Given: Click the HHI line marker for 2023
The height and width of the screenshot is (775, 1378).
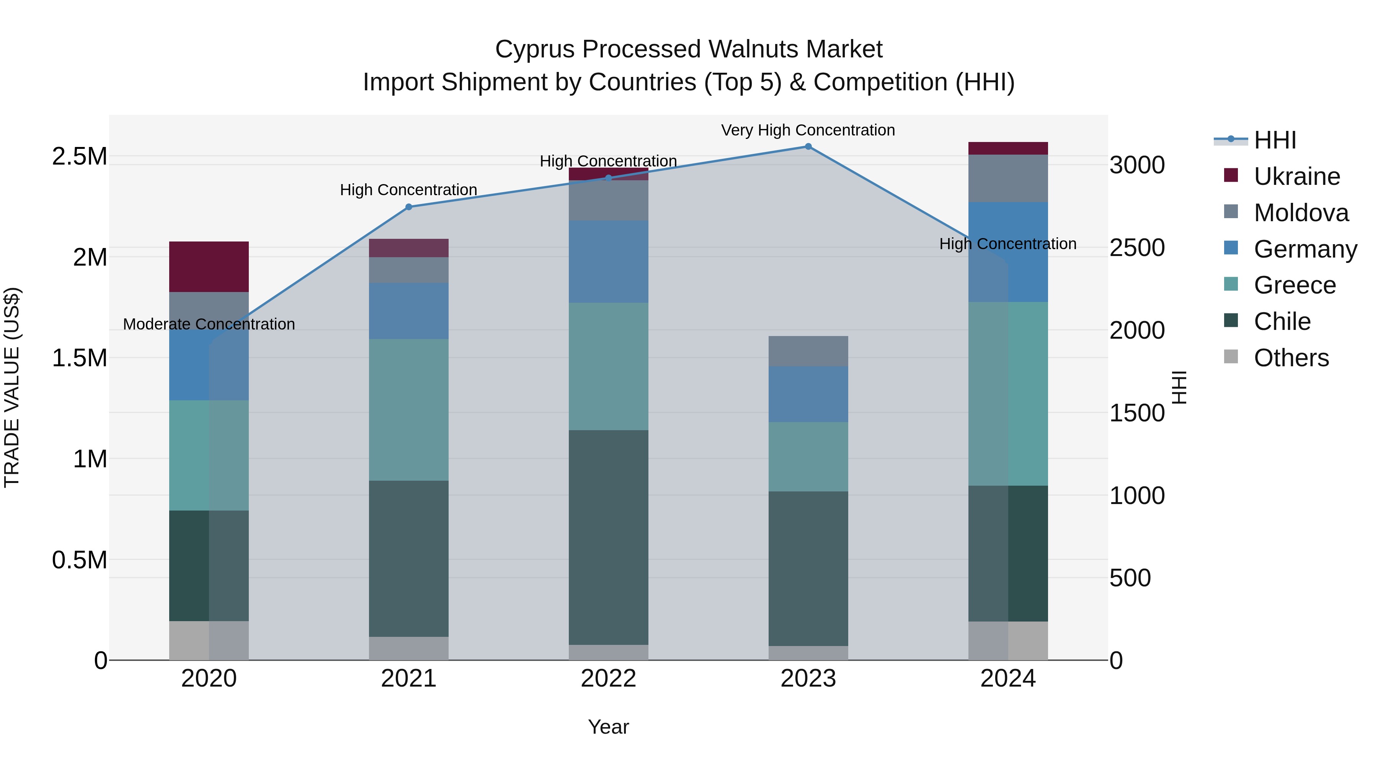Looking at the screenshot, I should (808, 147).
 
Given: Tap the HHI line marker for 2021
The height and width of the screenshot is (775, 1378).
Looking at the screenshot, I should (409, 207).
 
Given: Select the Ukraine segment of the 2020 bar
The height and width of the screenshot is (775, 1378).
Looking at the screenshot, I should (209, 266).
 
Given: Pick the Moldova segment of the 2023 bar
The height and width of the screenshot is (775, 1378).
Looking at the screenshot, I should (808, 351).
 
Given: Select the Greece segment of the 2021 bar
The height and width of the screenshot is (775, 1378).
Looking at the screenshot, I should (409, 410).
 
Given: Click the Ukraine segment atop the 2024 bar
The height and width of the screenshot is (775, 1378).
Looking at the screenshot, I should (1008, 148).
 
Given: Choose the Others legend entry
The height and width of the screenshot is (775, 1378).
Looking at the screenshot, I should (1291, 358).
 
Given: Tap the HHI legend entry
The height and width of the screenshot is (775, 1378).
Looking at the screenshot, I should (1275, 140).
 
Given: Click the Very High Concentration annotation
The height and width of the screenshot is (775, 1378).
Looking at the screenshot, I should (808, 130).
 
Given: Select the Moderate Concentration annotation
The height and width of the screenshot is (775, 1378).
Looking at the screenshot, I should (209, 324).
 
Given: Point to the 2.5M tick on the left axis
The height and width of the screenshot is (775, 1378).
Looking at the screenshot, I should (79, 156).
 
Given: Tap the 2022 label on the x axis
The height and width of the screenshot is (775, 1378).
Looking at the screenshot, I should (608, 679).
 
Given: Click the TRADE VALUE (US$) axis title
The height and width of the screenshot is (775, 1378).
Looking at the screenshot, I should (12, 387).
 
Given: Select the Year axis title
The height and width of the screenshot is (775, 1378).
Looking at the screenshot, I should (608, 727).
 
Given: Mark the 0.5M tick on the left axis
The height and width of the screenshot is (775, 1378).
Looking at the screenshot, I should (79, 560).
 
